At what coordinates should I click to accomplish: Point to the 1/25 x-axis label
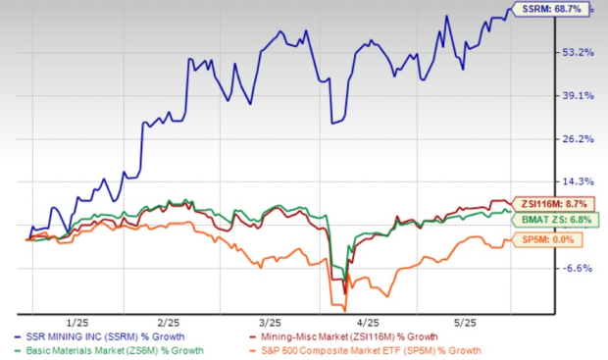coord(79,322)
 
